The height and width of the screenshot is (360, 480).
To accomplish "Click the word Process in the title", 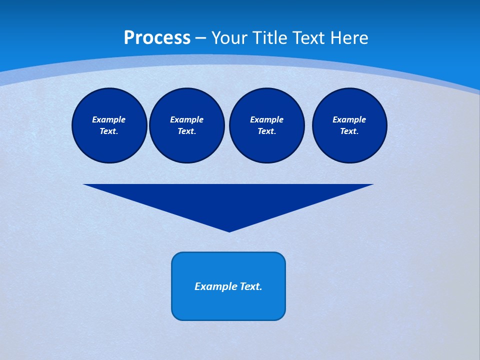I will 157,38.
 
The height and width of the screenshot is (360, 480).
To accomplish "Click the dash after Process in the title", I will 200,38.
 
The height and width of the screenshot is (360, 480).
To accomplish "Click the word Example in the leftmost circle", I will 109,119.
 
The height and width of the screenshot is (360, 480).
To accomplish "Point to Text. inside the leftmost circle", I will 109,131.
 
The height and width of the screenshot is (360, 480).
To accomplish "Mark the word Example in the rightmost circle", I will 349,119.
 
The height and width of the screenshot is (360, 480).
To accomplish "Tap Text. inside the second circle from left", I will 186,131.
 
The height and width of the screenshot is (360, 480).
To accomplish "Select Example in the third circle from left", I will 266,119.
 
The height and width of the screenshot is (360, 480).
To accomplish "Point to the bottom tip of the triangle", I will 229,230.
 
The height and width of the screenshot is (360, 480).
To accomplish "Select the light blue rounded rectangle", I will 228,305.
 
